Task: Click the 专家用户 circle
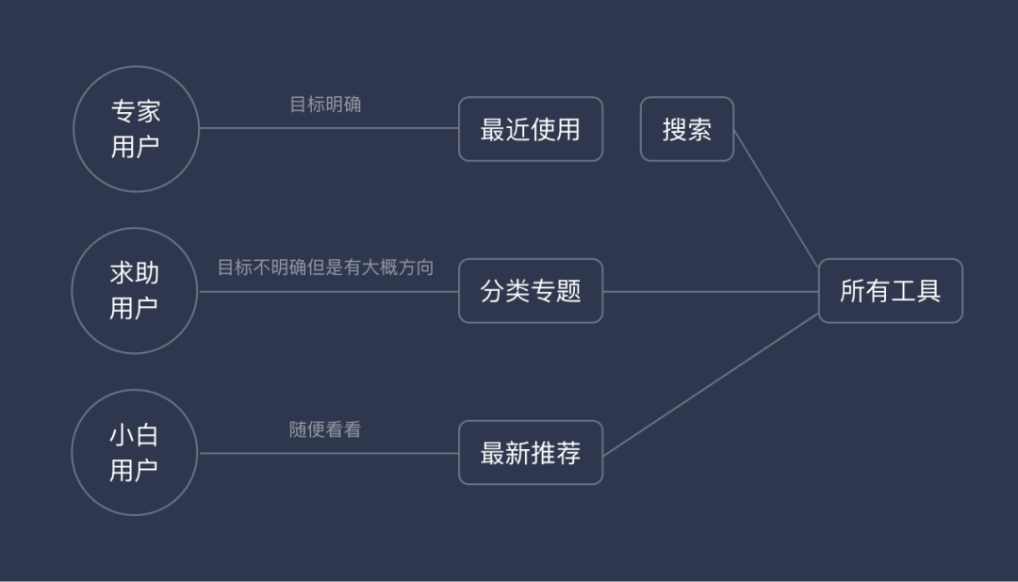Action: (x=136, y=129)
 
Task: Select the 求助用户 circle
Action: (x=135, y=291)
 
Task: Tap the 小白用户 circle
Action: (x=135, y=453)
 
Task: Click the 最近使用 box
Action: (x=531, y=129)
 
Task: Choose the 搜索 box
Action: (x=686, y=129)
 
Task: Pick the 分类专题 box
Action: (x=531, y=291)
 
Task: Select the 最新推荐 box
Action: (x=531, y=453)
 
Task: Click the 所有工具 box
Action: (x=890, y=291)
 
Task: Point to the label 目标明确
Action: (x=325, y=105)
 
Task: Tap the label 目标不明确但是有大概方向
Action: (x=325, y=267)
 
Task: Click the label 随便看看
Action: (x=325, y=430)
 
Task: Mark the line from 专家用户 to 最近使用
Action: (x=330, y=128)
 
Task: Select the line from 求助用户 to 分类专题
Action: (x=330, y=291)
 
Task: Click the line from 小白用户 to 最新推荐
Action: (x=330, y=453)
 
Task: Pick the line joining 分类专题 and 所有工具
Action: (x=711, y=291)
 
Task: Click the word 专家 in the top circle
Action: (x=136, y=112)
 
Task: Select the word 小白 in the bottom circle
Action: (x=135, y=436)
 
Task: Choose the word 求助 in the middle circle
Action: (x=135, y=274)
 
